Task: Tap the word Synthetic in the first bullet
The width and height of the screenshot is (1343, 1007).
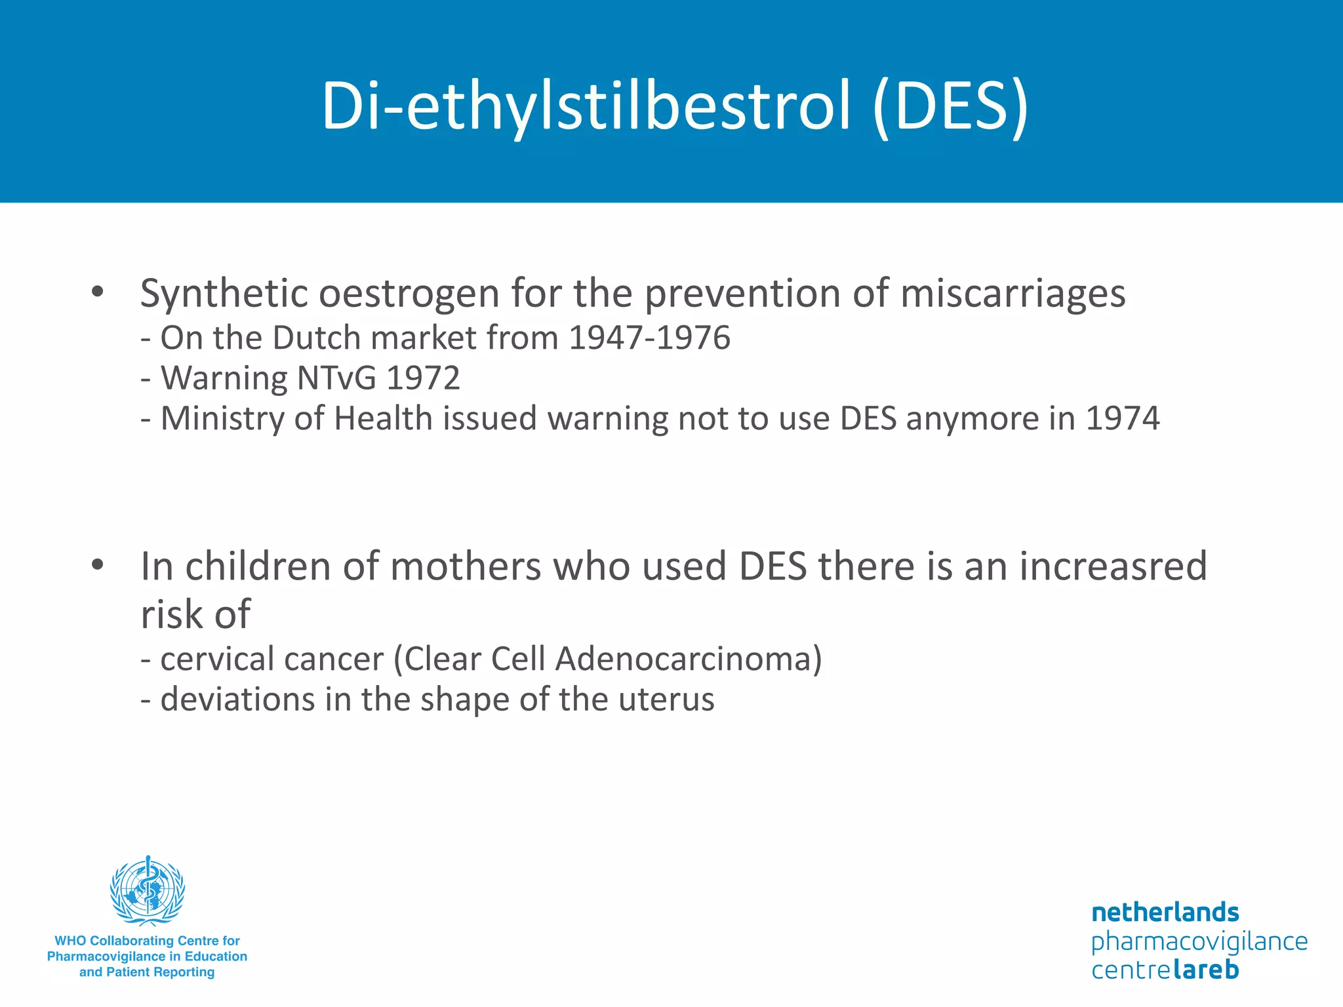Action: [224, 294]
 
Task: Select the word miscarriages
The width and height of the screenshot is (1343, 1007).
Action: [1012, 294]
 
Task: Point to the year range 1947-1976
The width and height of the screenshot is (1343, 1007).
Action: [649, 338]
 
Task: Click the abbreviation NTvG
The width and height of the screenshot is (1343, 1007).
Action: [336, 378]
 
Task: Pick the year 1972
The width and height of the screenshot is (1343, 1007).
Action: [423, 378]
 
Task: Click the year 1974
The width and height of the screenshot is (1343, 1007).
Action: [1123, 419]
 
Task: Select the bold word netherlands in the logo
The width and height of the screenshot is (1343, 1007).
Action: [1165, 912]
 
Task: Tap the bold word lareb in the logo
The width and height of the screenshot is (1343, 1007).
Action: [1205, 970]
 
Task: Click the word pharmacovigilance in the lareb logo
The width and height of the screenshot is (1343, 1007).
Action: [1199, 942]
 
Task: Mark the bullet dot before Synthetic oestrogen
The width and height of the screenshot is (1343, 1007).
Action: [98, 292]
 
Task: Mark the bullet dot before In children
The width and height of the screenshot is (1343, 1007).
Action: [98, 565]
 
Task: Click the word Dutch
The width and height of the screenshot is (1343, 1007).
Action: [316, 338]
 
